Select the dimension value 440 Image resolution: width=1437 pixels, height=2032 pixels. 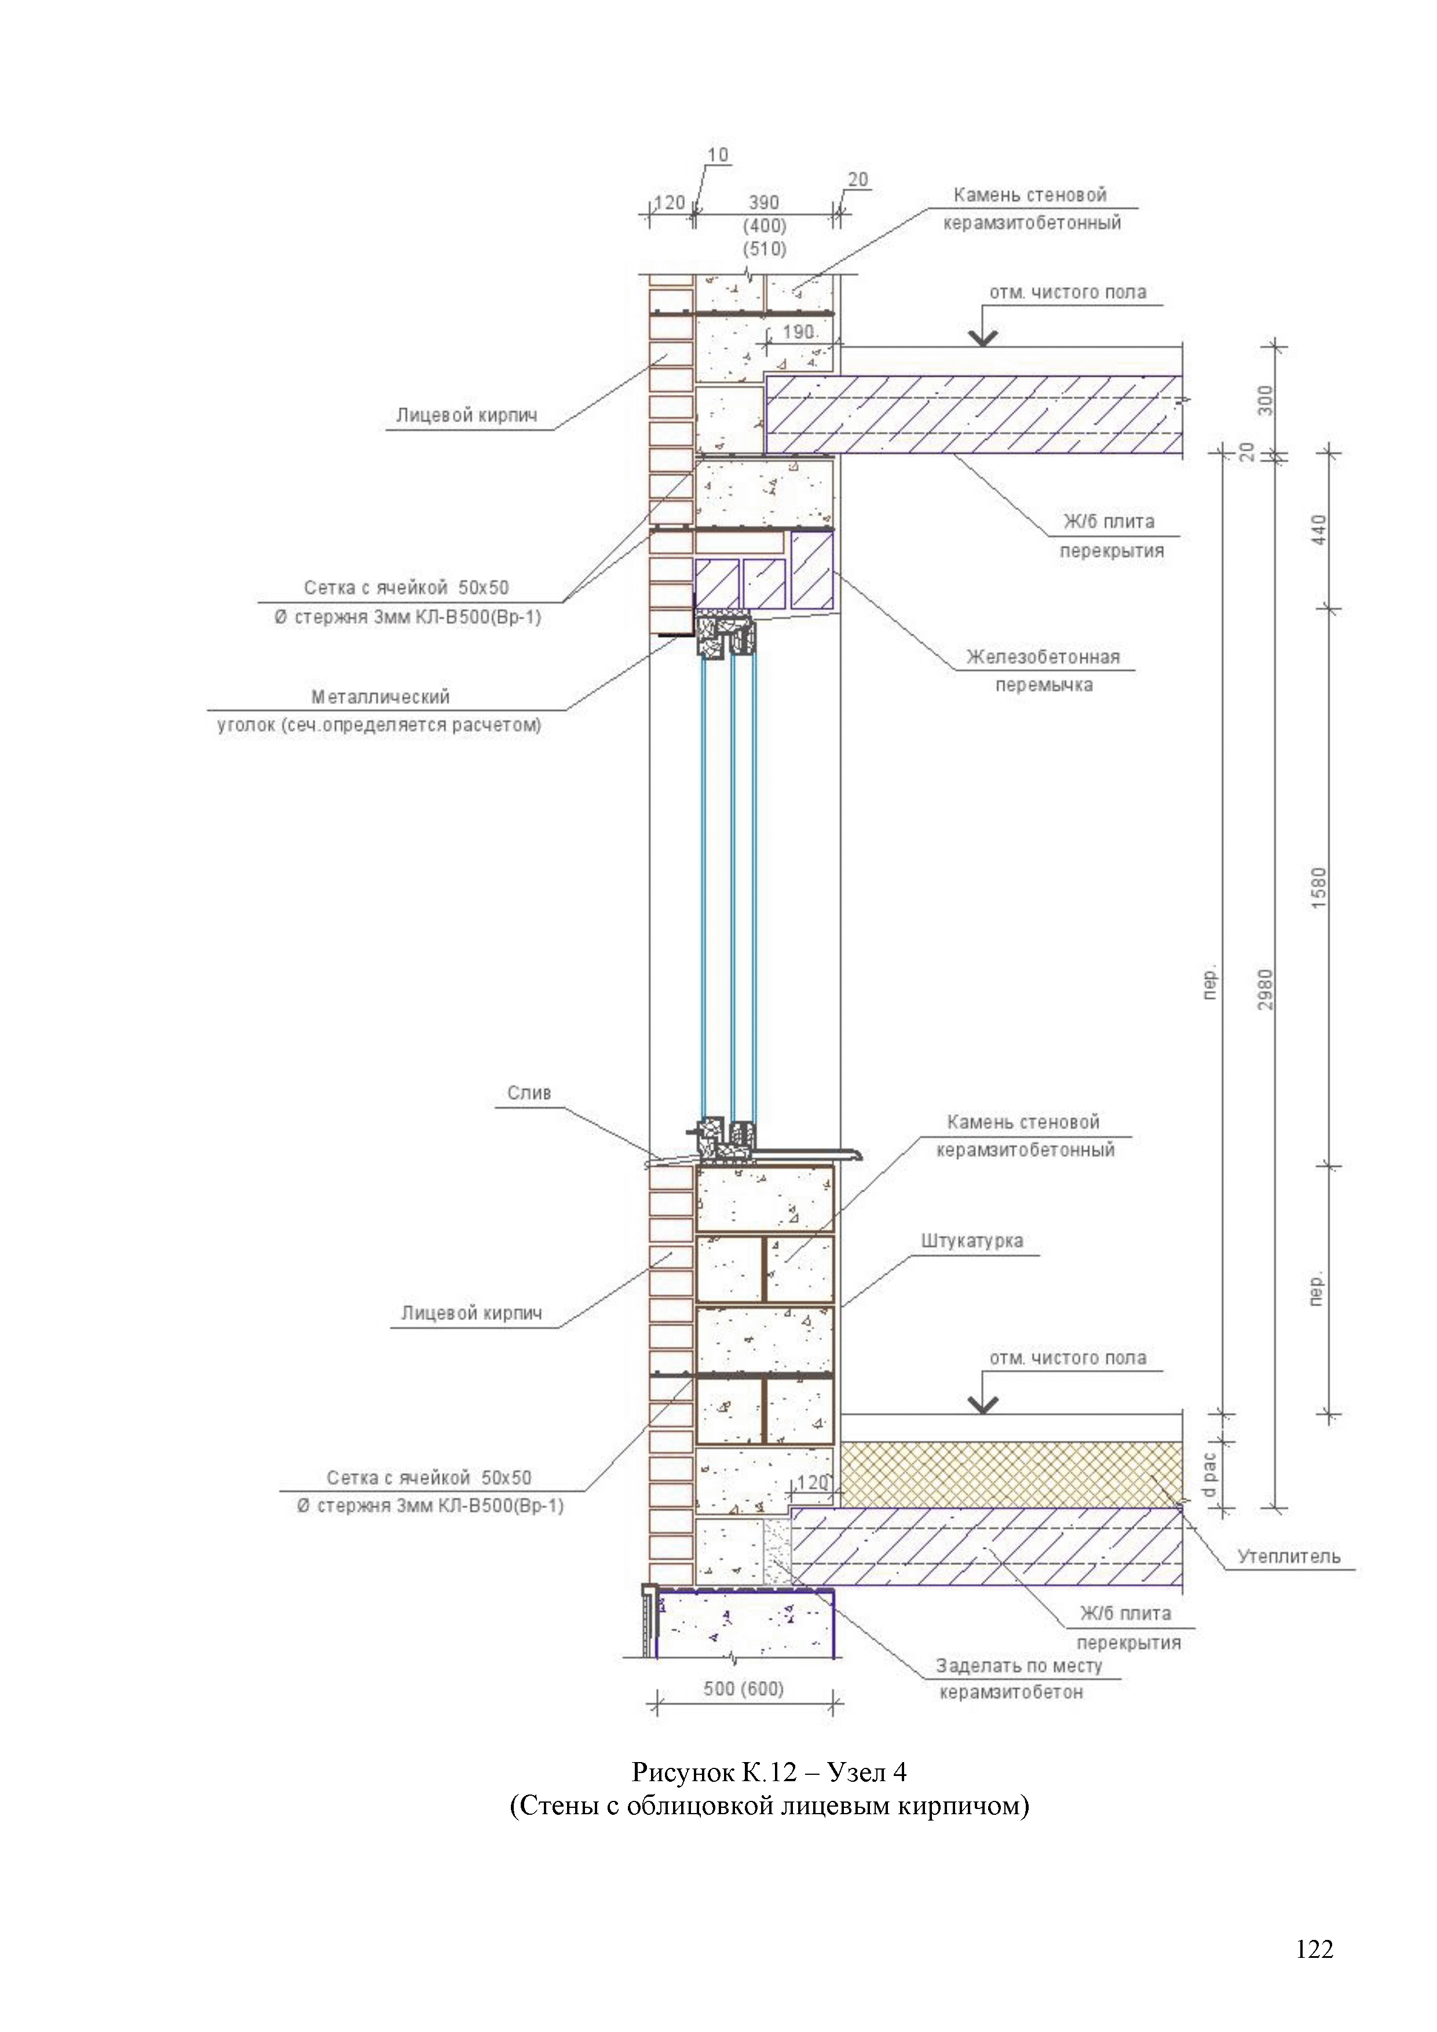click(1319, 530)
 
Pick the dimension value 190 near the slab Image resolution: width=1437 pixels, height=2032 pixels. click(798, 332)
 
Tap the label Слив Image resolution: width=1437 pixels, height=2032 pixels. click(529, 1093)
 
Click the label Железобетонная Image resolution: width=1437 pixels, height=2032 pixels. click(1043, 657)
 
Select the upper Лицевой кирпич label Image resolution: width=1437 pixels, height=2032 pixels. click(466, 415)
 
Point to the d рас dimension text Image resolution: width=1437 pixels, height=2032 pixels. click(1209, 1475)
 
